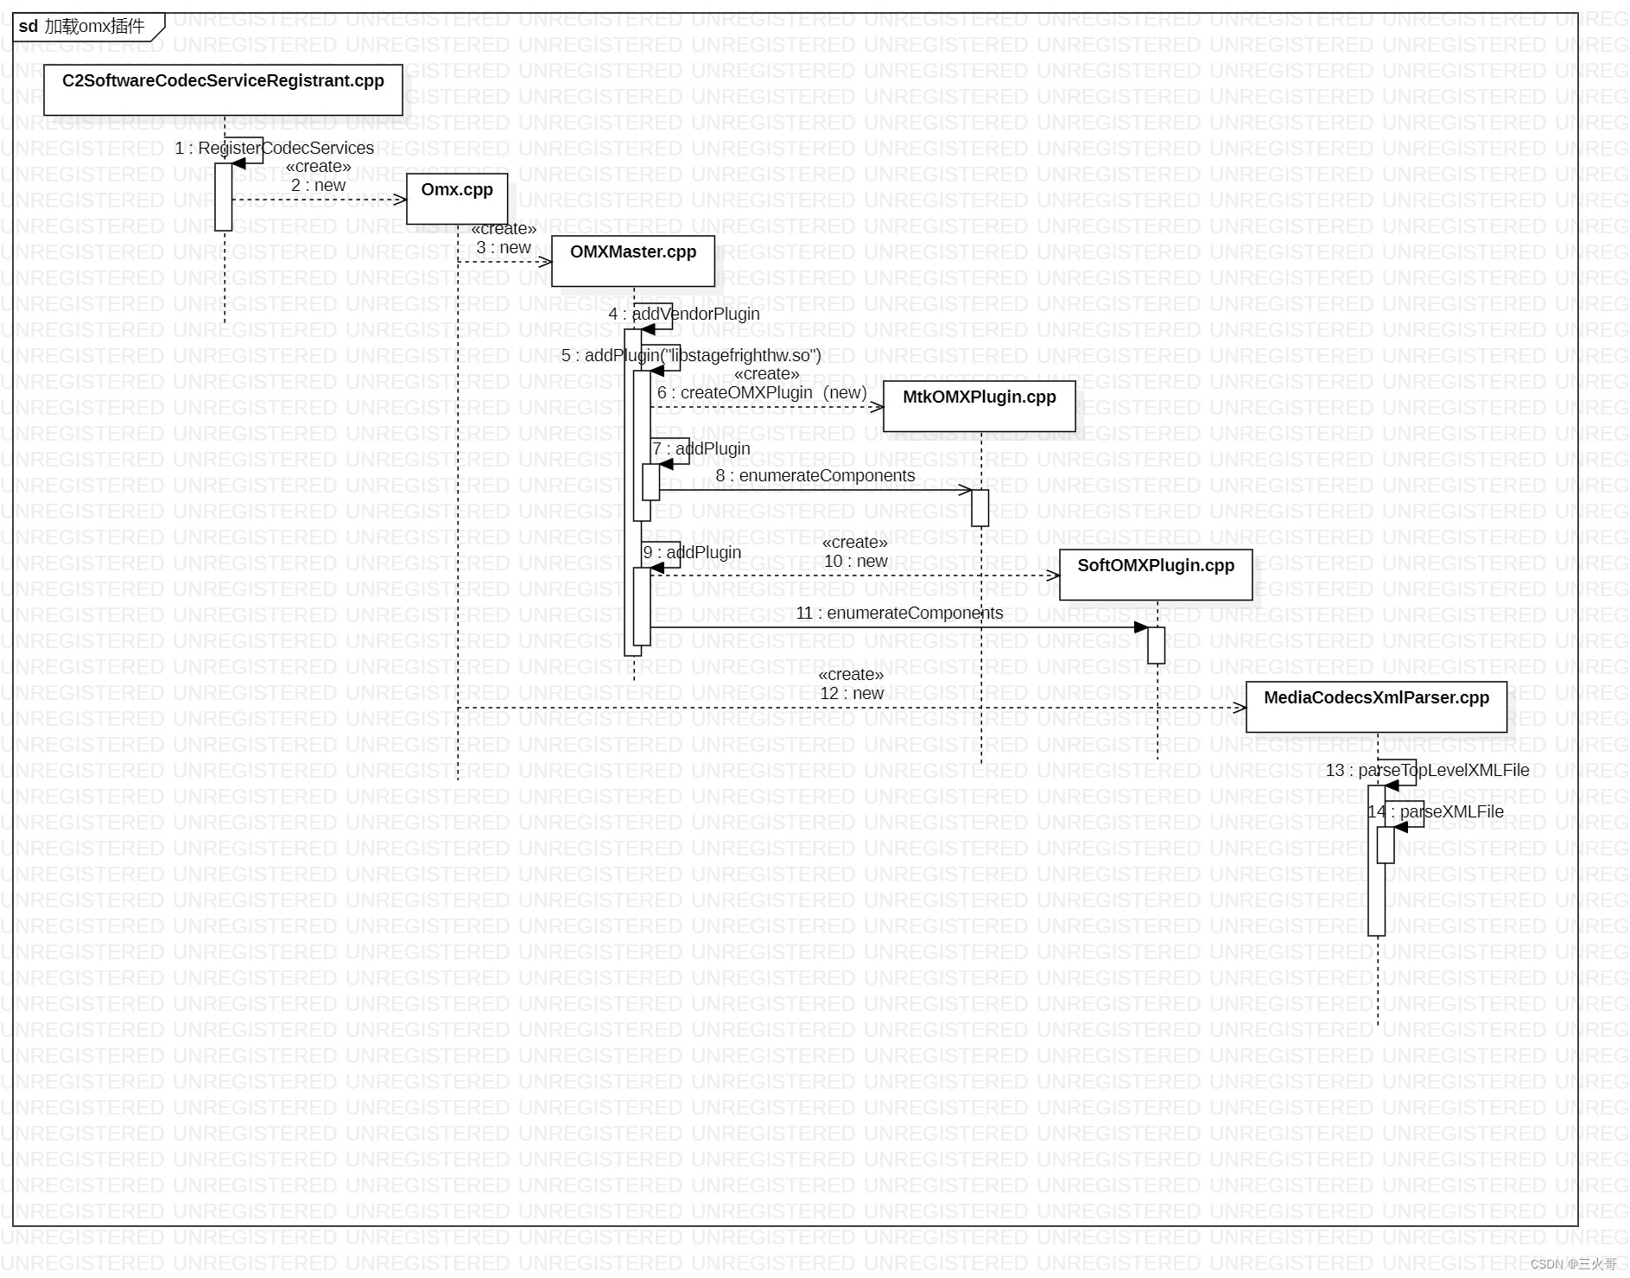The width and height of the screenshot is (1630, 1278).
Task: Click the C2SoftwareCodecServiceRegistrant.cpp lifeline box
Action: click(223, 89)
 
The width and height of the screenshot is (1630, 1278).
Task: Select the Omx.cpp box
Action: click(457, 198)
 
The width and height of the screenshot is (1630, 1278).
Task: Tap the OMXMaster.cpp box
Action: click(633, 260)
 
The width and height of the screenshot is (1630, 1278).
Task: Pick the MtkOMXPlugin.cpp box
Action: click(979, 405)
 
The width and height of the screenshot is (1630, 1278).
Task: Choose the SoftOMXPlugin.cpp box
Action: click(1156, 574)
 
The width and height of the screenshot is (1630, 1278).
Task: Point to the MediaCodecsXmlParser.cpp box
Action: click(1376, 706)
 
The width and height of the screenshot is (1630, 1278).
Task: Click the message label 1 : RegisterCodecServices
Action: click(275, 149)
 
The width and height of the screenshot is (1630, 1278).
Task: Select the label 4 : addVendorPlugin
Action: click(684, 314)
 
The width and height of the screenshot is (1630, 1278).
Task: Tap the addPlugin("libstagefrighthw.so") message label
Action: click(691, 355)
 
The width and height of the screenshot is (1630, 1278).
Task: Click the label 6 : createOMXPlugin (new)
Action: click(762, 392)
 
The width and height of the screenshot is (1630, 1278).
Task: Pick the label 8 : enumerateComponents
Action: click(815, 475)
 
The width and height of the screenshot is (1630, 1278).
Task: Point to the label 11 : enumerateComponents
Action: click(899, 613)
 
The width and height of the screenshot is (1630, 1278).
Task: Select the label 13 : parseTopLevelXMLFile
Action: click(1427, 770)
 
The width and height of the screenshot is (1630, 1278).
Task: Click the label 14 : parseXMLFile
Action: click(1436, 811)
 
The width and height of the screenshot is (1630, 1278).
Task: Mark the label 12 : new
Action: click(852, 693)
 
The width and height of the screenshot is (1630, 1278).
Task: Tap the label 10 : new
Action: click(855, 561)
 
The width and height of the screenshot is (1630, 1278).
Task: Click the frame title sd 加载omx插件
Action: click(83, 27)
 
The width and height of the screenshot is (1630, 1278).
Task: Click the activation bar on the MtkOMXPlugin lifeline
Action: click(980, 507)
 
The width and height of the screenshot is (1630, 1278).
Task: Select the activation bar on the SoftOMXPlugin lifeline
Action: click(1156, 645)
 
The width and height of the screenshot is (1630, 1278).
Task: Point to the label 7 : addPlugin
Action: click(701, 448)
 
